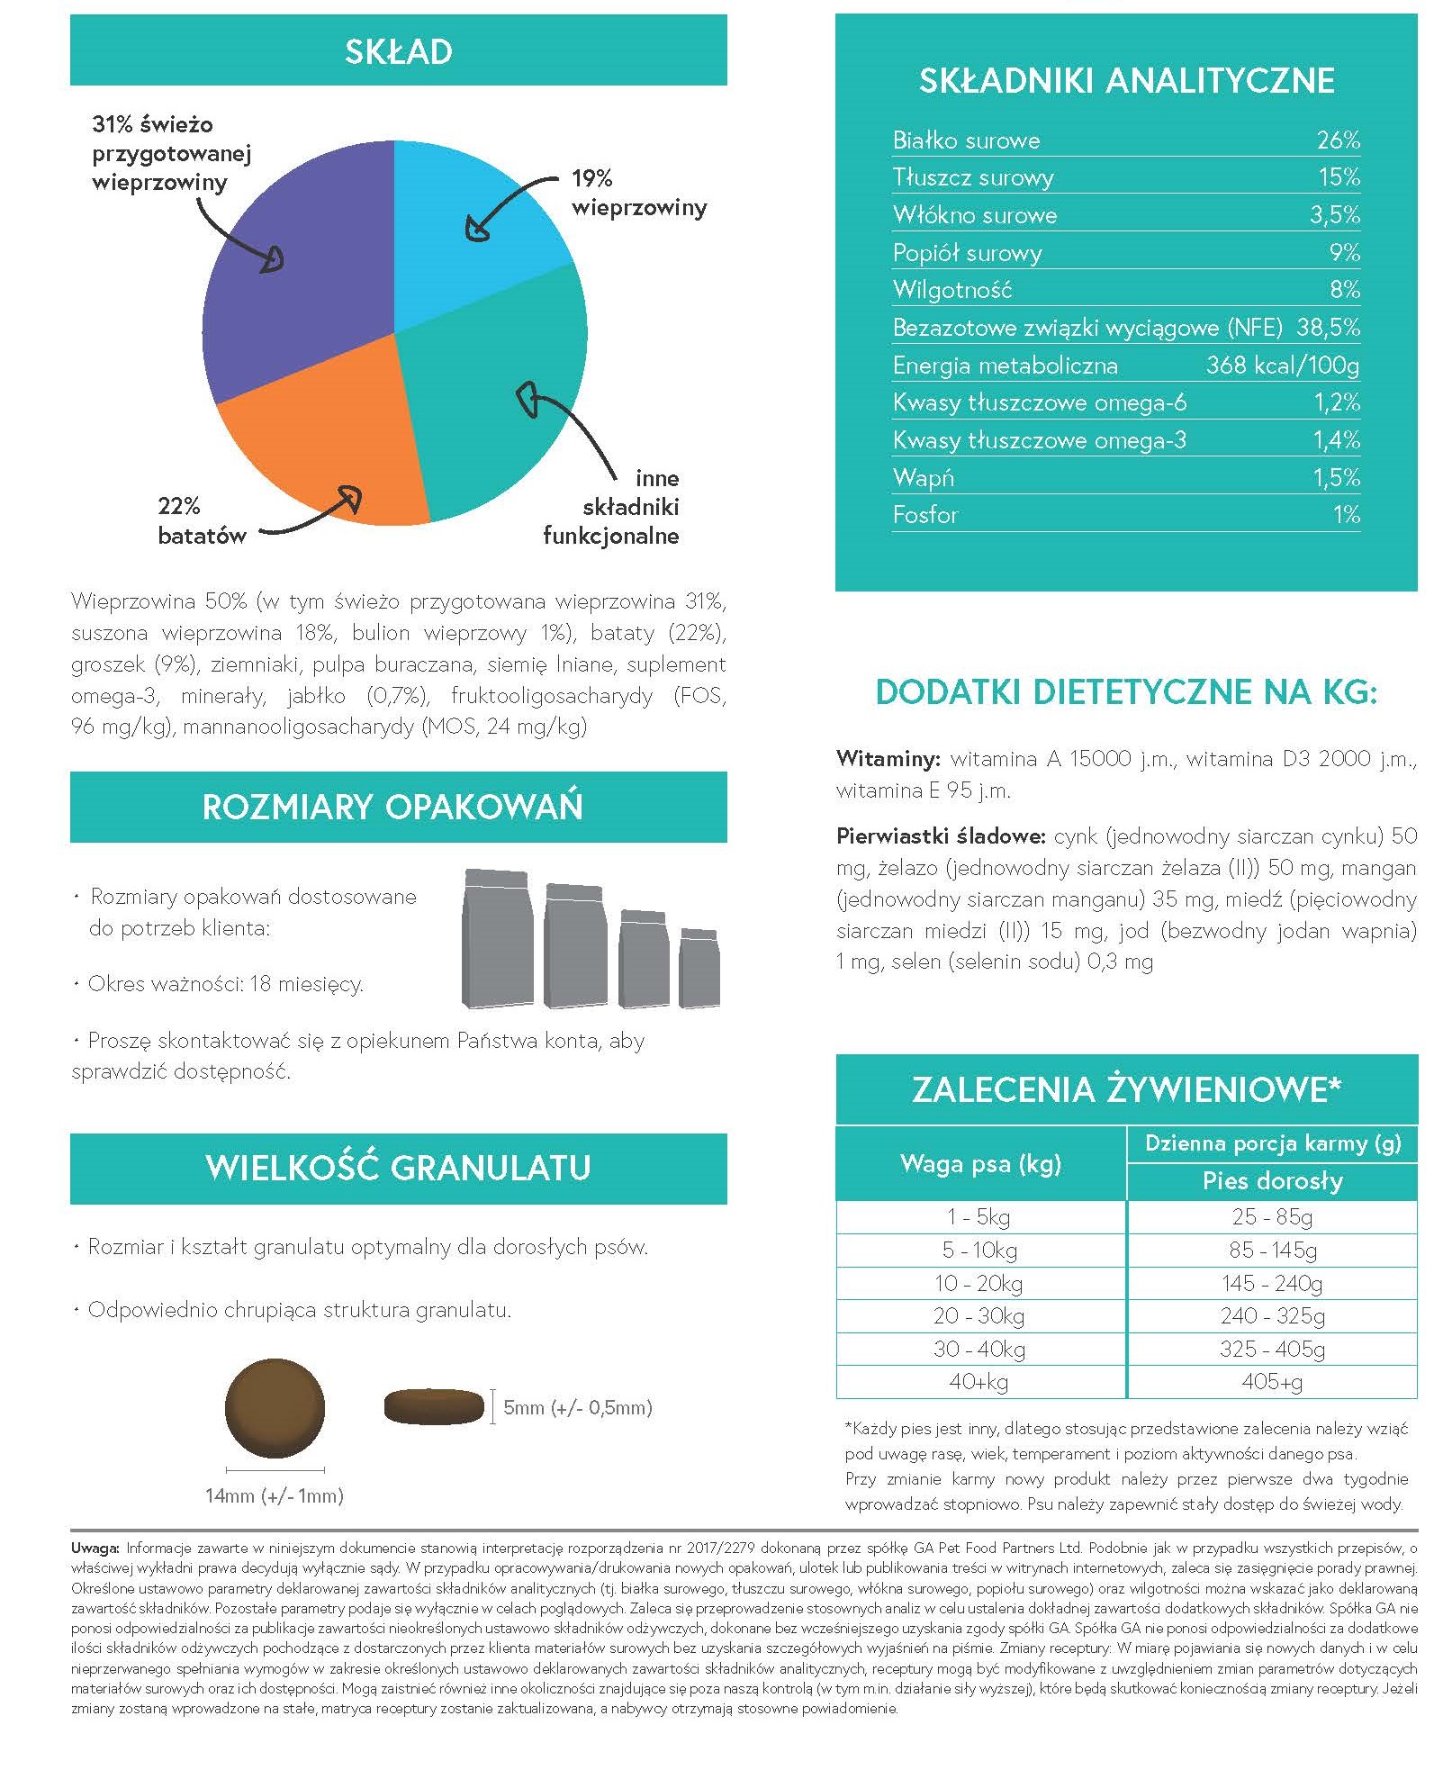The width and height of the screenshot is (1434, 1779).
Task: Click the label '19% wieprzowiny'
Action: pyautogui.click(x=639, y=193)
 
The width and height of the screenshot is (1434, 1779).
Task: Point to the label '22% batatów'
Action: pyautogui.click(x=202, y=520)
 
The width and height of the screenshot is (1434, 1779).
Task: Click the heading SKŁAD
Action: pyautogui.click(x=398, y=52)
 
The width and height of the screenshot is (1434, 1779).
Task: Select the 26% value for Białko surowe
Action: pyautogui.click(x=1338, y=140)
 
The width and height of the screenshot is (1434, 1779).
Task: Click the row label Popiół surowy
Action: pyautogui.click(x=967, y=253)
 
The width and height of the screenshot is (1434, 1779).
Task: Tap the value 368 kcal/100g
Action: pyautogui.click(x=1282, y=366)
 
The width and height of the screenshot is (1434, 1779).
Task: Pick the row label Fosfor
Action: pyautogui.click(x=925, y=515)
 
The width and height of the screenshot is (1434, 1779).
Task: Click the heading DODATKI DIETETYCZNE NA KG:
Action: pyautogui.click(x=1125, y=692)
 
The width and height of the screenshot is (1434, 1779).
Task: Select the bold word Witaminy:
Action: pyautogui.click(x=888, y=759)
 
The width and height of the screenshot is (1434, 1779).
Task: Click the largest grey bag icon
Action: pyautogui.click(x=497, y=939)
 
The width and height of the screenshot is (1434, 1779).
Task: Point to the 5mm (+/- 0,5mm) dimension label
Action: pyautogui.click(x=577, y=1407)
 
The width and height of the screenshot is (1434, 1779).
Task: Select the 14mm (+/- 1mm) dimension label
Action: pyautogui.click(x=275, y=1496)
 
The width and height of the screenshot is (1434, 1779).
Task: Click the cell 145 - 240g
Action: pyautogui.click(x=1272, y=1283)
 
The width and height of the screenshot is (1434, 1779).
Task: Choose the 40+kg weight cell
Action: pyautogui.click(x=979, y=1382)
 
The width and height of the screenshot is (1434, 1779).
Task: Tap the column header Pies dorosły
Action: pyautogui.click(x=1272, y=1180)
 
